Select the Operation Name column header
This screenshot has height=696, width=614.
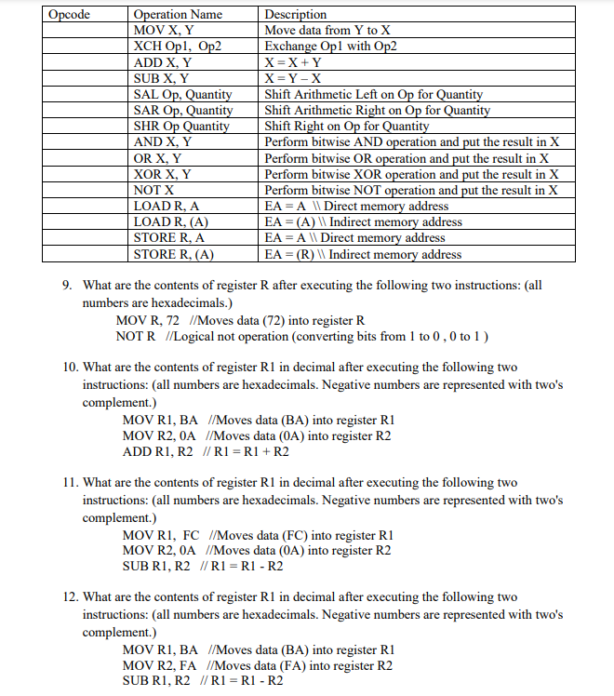point(178,14)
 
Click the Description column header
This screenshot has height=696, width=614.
point(296,14)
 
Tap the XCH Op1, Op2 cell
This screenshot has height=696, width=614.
point(178,46)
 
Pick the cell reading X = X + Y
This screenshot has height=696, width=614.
point(294,62)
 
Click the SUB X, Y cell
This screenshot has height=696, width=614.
point(162,78)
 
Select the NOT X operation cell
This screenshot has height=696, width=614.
point(154,190)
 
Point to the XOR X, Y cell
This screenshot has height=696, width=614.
point(163,174)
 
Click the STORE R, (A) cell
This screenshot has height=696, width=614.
point(174,254)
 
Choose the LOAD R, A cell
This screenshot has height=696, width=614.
point(169,206)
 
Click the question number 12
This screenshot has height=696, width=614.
point(72,596)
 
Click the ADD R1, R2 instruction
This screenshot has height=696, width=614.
point(157,451)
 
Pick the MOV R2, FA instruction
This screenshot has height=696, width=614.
point(160,665)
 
